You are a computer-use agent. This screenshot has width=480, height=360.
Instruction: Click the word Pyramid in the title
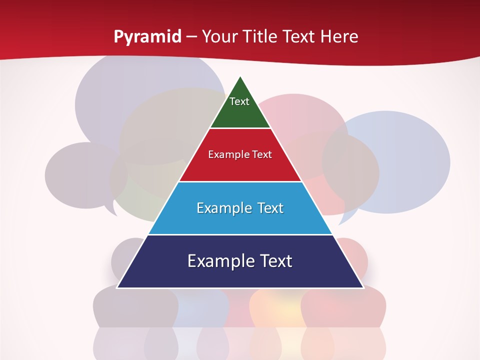[x=147, y=36]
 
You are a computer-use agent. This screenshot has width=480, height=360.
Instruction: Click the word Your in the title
[x=220, y=36]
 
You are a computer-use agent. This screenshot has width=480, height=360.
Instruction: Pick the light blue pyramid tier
[x=240, y=220]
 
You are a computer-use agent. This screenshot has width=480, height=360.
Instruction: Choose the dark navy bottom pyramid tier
[x=240, y=275]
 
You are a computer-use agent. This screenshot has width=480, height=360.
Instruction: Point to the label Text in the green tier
[x=239, y=101]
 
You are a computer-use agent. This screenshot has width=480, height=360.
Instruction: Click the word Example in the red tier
[x=224, y=154]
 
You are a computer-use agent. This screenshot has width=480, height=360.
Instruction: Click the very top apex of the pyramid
[x=240, y=77]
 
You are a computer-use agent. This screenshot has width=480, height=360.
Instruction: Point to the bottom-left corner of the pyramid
[x=117, y=287]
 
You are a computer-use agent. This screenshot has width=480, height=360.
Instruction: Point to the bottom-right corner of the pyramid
[x=363, y=287]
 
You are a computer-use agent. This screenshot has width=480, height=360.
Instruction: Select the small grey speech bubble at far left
[x=75, y=175]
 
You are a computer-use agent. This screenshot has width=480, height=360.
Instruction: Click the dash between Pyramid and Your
[x=191, y=37]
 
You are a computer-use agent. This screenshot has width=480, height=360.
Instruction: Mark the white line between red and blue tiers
[x=240, y=181]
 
